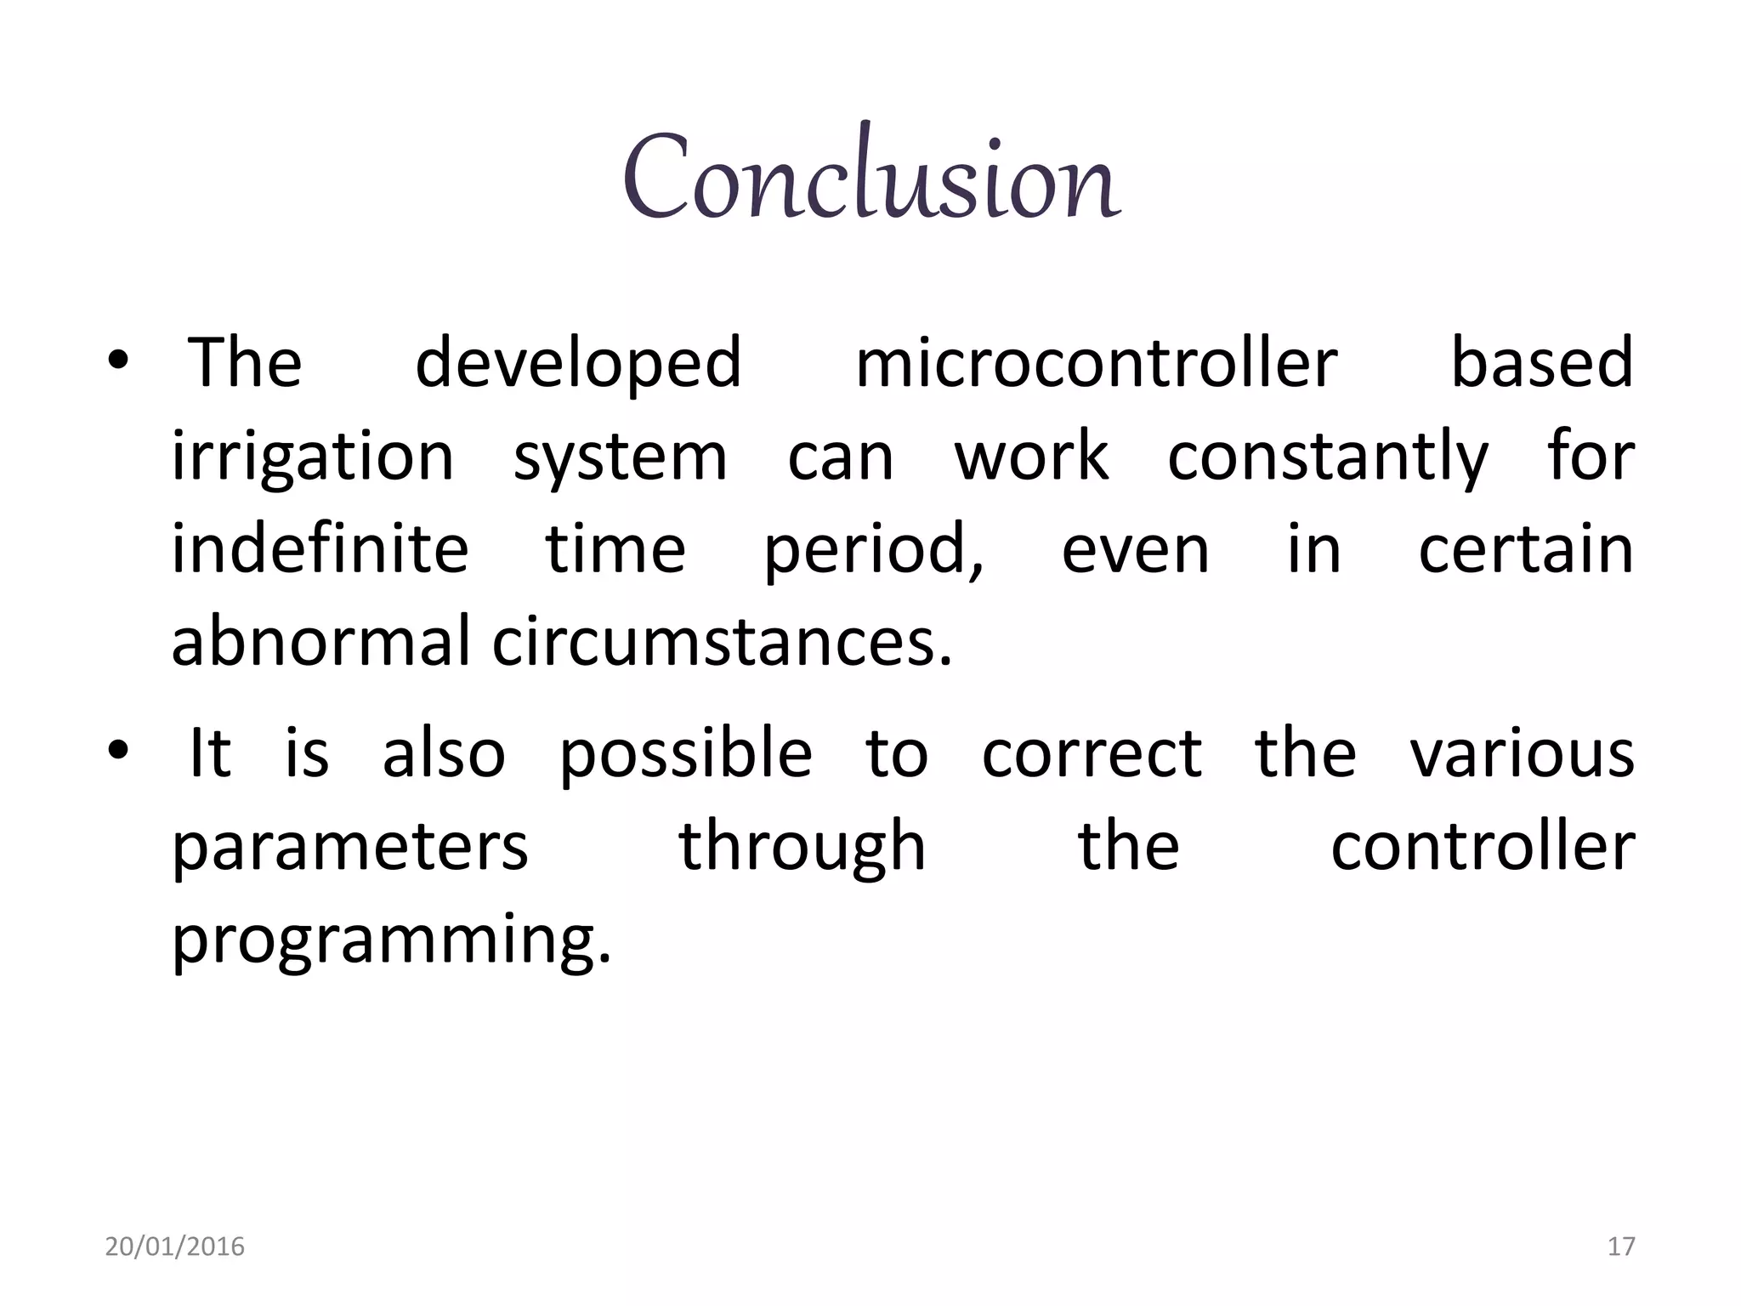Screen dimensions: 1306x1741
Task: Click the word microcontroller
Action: (x=1096, y=364)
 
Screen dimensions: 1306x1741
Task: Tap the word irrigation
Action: (x=313, y=457)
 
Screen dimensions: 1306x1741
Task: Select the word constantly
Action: (x=1328, y=457)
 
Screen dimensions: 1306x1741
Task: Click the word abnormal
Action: (x=320, y=641)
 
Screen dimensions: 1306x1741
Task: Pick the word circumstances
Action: (x=723, y=641)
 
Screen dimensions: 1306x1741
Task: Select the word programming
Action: (x=391, y=940)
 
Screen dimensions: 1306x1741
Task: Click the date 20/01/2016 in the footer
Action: (x=174, y=1246)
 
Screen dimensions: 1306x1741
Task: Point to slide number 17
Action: (x=1621, y=1246)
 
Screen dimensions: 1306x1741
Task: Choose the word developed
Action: (x=578, y=364)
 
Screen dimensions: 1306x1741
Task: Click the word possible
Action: (x=685, y=755)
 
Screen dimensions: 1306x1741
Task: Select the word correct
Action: (x=1092, y=755)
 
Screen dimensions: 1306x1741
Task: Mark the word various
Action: (x=1522, y=755)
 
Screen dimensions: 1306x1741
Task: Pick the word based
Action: (x=1541, y=364)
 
